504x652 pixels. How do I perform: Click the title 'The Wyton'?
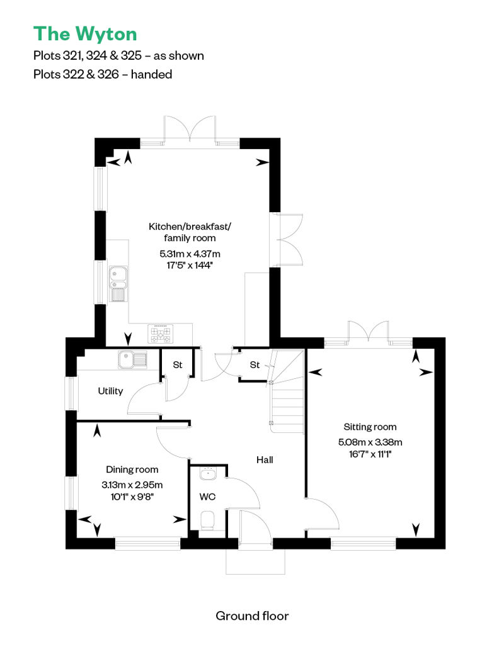[x=85, y=34]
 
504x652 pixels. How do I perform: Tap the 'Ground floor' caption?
[x=252, y=616]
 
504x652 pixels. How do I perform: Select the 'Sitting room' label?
[x=370, y=427]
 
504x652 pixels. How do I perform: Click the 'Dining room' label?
[x=132, y=469]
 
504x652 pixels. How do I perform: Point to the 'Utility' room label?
[x=110, y=391]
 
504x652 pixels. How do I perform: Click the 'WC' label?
[x=207, y=497]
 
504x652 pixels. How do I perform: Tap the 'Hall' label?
[x=265, y=459]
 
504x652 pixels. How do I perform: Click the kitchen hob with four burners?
[x=161, y=334]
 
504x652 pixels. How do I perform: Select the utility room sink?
[x=133, y=360]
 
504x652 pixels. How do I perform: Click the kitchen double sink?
[x=118, y=284]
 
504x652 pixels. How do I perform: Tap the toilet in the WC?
[x=207, y=521]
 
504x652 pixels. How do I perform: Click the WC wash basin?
[x=207, y=473]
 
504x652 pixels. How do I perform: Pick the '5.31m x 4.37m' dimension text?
[x=190, y=254]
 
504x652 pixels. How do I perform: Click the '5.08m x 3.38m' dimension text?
[x=370, y=442]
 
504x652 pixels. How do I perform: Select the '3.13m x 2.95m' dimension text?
[x=132, y=485]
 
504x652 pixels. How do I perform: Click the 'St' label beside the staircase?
[x=255, y=364]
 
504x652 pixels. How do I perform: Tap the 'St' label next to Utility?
[x=178, y=364]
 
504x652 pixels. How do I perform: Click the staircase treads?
[x=287, y=391]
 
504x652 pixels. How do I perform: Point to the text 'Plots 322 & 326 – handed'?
[x=103, y=74]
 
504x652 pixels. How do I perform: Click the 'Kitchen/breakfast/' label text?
[x=190, y=227]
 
